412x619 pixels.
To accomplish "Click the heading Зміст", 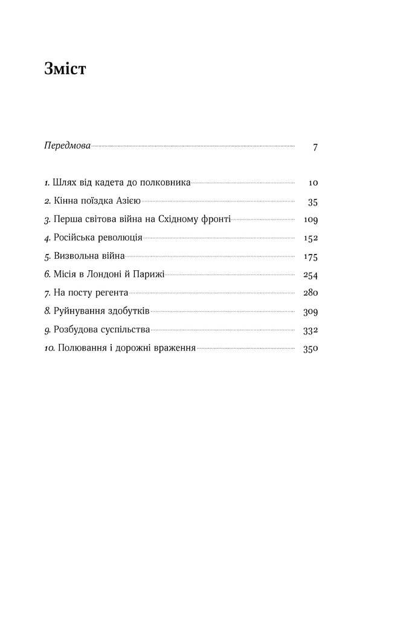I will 65,70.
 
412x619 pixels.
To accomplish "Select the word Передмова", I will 67,146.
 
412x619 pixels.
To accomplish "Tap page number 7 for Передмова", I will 315,147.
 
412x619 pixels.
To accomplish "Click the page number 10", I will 312,183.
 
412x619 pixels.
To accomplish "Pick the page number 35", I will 312,201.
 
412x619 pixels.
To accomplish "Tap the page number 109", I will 310,220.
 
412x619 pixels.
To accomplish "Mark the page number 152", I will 310,238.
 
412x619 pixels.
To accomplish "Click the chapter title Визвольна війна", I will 89,257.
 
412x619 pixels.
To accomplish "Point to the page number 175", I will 310,257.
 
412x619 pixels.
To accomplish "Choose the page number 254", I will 310,275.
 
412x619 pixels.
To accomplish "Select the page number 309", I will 310,312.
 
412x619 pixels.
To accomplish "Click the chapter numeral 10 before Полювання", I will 50,349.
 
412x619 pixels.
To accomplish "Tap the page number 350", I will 310,349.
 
